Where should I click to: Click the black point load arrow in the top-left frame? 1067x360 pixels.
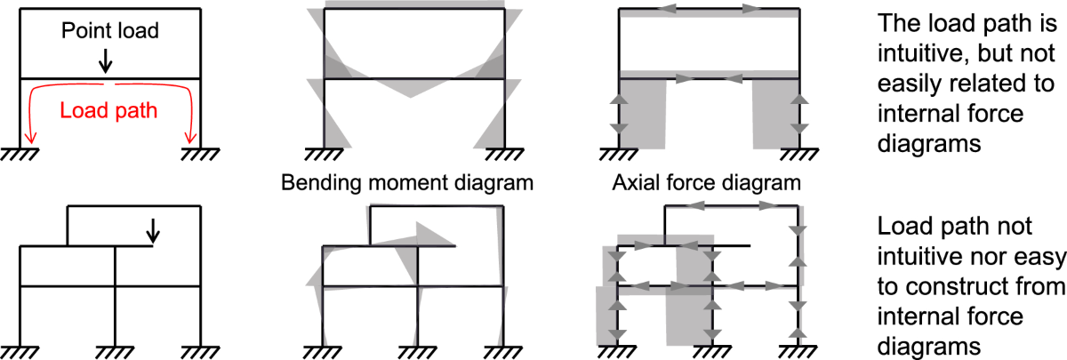click(x=105, y=61)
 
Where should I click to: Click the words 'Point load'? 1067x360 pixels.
click(x=110, y=30)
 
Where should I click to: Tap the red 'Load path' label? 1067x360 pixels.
click(x=108, y=110)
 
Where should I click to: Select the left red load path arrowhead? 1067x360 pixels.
click(x=31, y=138)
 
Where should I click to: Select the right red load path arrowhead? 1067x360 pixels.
click(x=190, y=138)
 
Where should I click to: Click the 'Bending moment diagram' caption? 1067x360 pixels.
click(x=407, y=183)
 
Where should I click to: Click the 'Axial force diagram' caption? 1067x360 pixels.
click(x=706, y=183)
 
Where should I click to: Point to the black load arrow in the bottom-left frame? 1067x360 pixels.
click(x=153, y=231)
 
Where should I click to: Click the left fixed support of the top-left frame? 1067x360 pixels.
click(x=20, y=155)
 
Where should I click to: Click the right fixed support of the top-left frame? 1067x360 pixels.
click(x=200, y=155)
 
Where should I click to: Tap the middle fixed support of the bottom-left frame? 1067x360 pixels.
click(x=115, y=352)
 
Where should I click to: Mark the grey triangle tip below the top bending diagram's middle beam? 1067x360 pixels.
click(x=410, y=97)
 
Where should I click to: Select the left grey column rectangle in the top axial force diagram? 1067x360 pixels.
click(x=643, y=114)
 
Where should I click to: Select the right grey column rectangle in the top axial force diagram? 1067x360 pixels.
click(x=776, y=114)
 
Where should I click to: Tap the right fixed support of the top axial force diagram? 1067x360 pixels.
click(x=799, y=155)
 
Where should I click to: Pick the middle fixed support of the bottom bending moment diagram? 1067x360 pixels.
click(x=417, y=352)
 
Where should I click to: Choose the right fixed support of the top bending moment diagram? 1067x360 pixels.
click(x=504, y=155)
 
